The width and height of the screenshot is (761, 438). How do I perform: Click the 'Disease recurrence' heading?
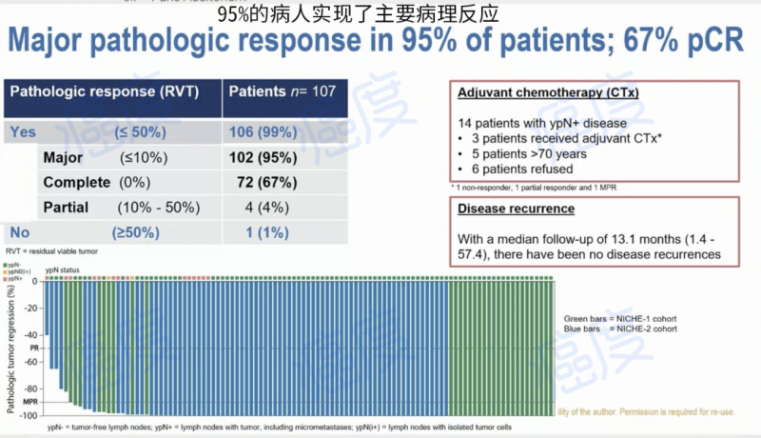516,208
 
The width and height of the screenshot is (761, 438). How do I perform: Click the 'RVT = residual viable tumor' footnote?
54,250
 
